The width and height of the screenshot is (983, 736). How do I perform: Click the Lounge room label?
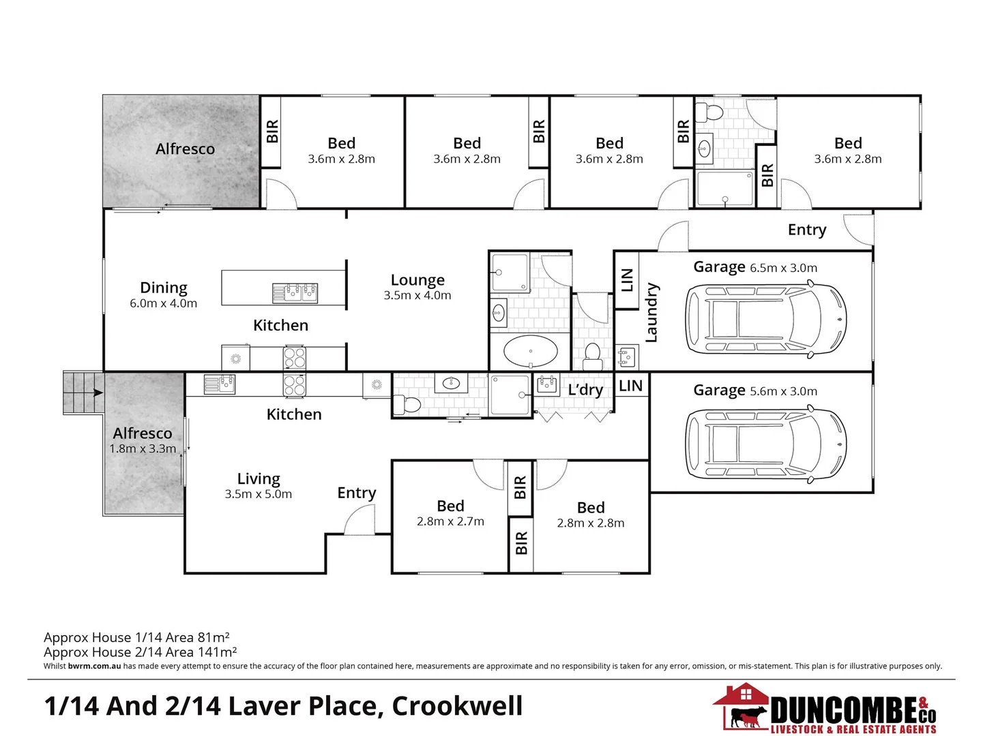coord(417,280)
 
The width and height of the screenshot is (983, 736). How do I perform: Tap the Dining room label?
coord(164,288)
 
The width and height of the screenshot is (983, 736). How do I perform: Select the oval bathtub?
coord(531,352)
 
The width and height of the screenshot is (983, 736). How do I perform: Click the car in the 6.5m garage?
coord(765,319)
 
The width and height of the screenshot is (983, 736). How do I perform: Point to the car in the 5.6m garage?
coord(765,443)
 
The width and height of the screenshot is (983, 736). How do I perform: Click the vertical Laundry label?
coord(651,313)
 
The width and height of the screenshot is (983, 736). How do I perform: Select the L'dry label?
coord(585,390)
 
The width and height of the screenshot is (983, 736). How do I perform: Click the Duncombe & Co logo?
coord(825,709)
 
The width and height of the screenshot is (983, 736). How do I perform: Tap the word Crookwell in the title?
coord(457,706)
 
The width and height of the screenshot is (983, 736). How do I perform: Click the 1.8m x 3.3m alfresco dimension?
coord(143,448)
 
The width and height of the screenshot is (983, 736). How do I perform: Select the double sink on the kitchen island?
coord(295,293)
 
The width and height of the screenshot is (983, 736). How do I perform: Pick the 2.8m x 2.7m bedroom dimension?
coord(450,521)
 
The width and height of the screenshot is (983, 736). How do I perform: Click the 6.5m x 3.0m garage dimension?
coord(783,269)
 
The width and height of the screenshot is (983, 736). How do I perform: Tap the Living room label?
coord(259,479)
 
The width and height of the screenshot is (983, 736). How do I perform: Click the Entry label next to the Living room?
coord(357,493)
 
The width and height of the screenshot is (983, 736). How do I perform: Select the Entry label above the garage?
coord(806,230)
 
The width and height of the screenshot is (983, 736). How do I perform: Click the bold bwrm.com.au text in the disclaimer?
coord(94,666)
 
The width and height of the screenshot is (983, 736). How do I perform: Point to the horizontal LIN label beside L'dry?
coord(630,386)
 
